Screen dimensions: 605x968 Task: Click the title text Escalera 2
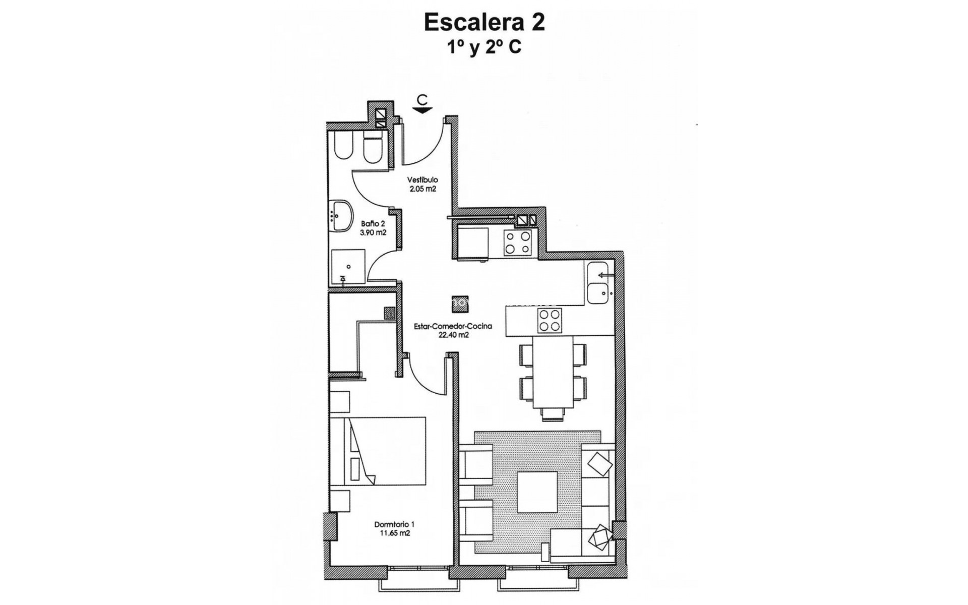click(x=484, y=23)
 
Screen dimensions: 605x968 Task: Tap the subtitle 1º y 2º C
click(x=484, y=47)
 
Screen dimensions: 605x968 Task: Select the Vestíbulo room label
click(x=422, y=179)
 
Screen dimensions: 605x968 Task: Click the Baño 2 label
click(x=373, y=223)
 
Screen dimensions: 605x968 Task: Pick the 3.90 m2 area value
click(x=373, y=232)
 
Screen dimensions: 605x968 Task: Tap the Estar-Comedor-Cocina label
click(x=453, y=326)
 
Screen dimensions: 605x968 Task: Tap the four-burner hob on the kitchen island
click(x=549, y=320)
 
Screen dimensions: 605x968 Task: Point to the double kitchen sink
click(x=599, y=283)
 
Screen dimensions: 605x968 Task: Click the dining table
click(x=553, y=373)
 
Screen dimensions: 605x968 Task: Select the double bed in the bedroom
click(x=378, y=450)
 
